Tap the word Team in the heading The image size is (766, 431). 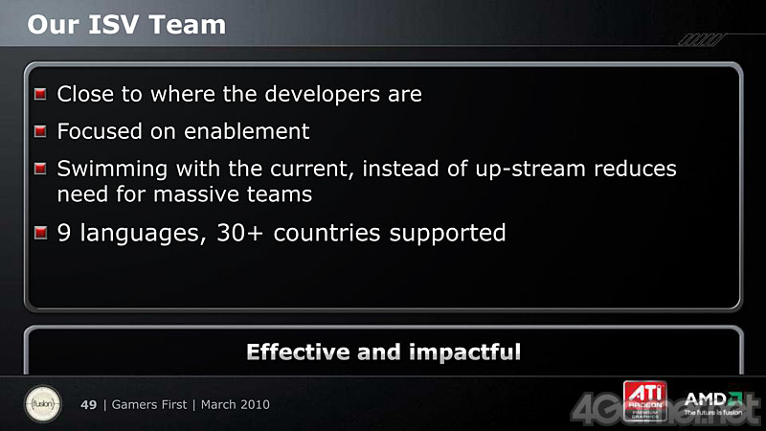click(187, 25)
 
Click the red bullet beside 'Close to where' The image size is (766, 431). click(40, 94)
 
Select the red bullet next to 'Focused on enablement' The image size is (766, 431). click(40, 131)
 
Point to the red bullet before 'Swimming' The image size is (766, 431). click(40, 169)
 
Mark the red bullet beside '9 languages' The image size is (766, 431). click(40, 233)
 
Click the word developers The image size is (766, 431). click(322, 94)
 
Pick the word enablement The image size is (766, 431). click(247, 131)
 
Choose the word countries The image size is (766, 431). click(327, 233)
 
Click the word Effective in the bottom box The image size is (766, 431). click(298, 352)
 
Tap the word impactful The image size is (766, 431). click(464, 352)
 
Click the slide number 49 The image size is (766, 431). click(88, 404)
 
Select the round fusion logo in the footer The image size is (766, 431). click(43, 404)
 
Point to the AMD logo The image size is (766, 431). click(713, 403)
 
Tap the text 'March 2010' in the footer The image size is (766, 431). click(235, 404)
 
